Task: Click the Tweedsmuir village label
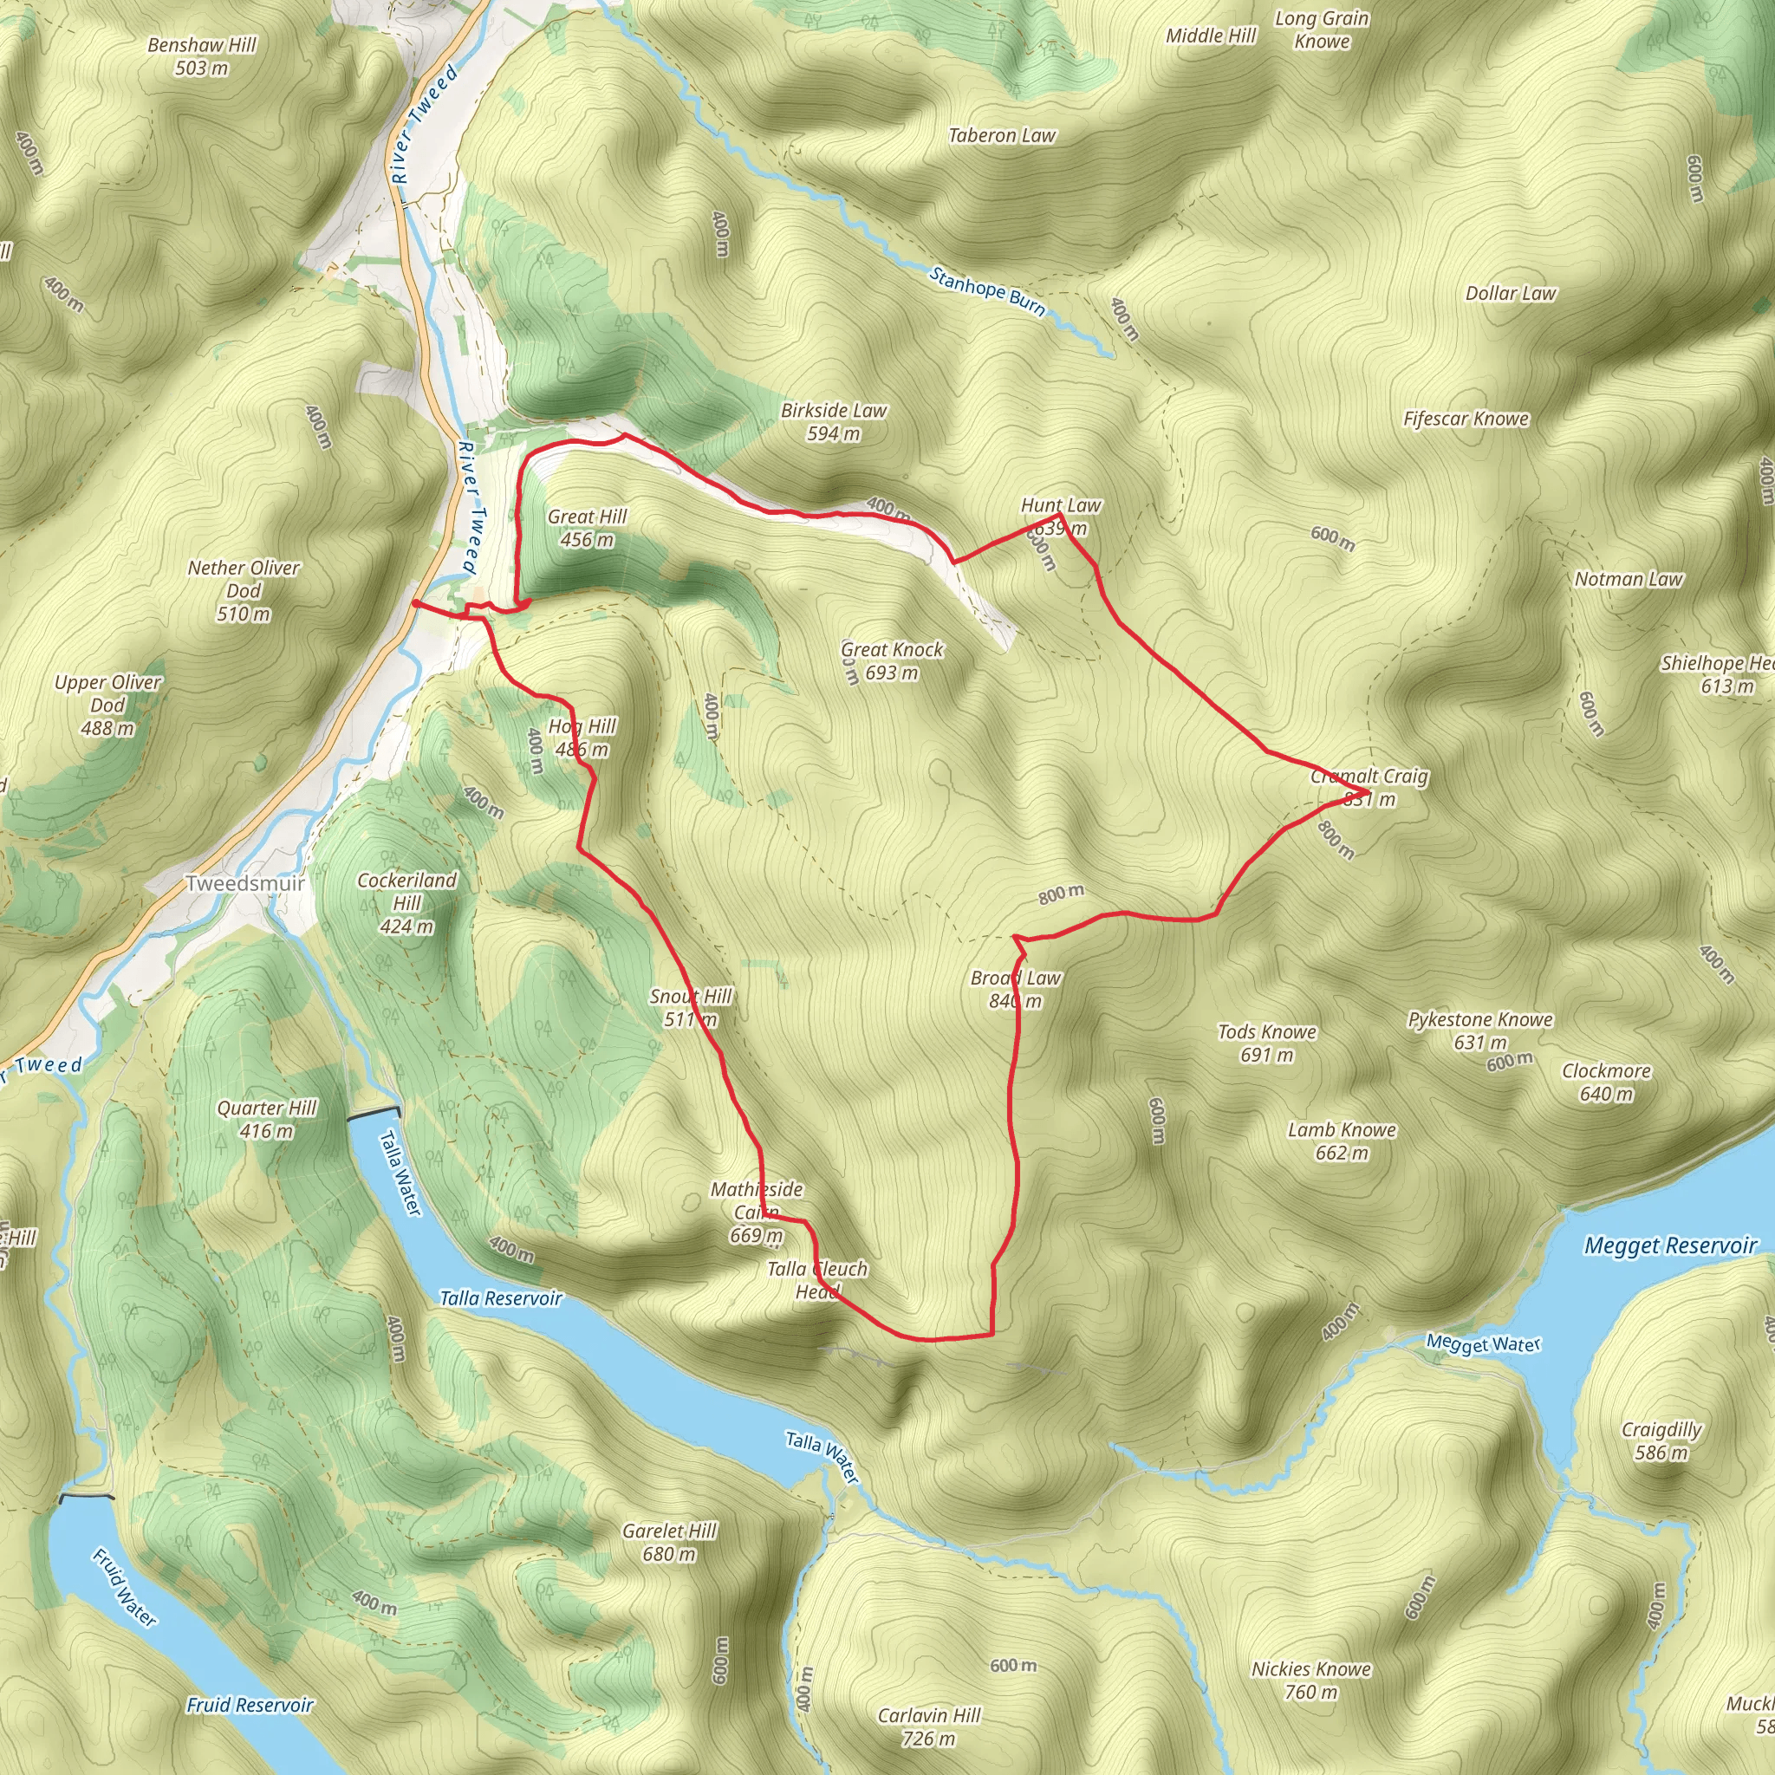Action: (245, 884)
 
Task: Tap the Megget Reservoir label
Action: (1670, 1245)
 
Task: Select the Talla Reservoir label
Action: (500, 1298)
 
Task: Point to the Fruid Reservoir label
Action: (250, 1705)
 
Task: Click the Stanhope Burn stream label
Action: (988, 290)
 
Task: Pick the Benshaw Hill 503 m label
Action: (202, 56)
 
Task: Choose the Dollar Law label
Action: (1511, 294)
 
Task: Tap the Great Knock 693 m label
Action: (892, 661)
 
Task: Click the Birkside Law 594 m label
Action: (833, 422)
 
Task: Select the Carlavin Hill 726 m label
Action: (929, 1726)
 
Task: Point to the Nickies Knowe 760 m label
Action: (1311, 1681)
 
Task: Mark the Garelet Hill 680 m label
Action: (669, 1543)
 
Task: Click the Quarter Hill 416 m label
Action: (266, 1119)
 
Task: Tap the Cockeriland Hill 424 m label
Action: (407, 903)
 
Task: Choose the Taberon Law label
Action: (1001, 136)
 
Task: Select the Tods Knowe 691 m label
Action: (1267, 1044)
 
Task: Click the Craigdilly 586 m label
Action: (1661, 1440)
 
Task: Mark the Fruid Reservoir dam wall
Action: (87, 1497)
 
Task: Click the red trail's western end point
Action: (416, 603)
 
